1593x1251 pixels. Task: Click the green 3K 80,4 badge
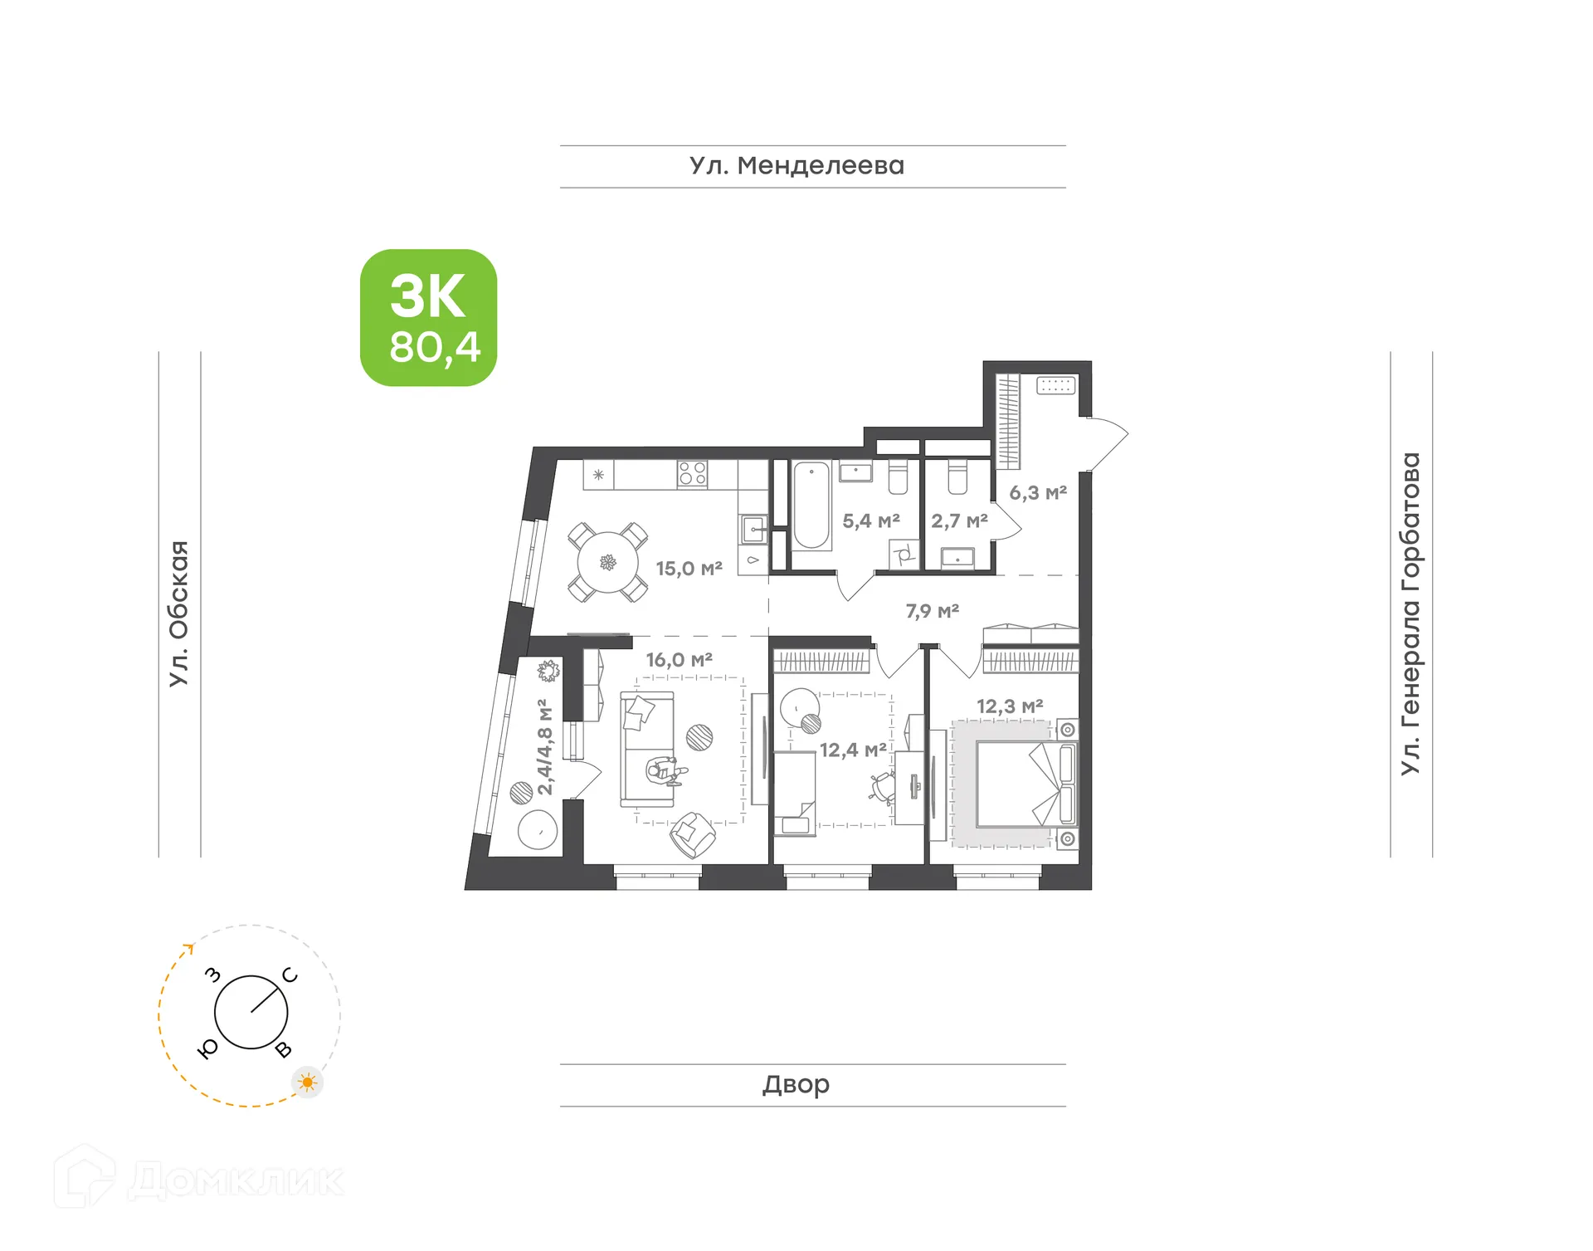[428, 318]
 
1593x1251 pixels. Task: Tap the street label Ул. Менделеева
[796, 166]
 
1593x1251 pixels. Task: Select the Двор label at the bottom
[796, 1084]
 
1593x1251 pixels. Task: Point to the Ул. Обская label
[179, 613]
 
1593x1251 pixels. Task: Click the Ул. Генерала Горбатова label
[1410, 613]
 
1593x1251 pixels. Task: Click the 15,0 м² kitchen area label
[689, 569]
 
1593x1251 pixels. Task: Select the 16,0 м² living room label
[679, 660]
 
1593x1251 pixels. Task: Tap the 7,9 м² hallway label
[932, 612]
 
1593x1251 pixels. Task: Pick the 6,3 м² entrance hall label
[1037, 493]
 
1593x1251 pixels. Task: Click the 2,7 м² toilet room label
[959, 521]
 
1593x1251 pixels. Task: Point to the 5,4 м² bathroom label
[870, 521]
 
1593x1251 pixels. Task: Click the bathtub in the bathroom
[811, 506]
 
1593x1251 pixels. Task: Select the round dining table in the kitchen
[608, 563]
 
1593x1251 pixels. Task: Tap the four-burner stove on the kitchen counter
[692, 474]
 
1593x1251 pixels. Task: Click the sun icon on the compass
[308, 1082]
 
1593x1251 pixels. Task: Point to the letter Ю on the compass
[208, 1048]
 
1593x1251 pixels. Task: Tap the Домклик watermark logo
[199, 1180]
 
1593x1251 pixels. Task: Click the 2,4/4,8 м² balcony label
[544, 747]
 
